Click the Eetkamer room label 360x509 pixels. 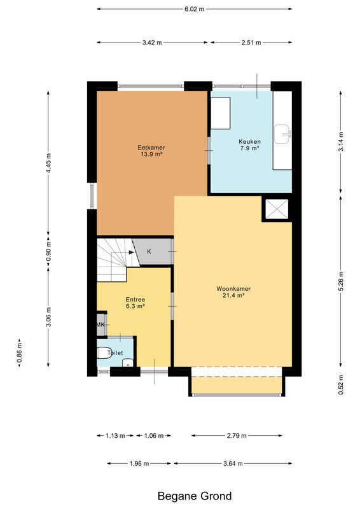(x=151, y=151)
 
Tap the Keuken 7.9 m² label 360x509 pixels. (x=249, y=145)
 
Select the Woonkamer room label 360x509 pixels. (x=233, y=292)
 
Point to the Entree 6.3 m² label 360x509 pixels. (x=135, y=303)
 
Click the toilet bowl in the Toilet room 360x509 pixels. (x=104, y=353)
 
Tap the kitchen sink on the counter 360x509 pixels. (x=282, y=134)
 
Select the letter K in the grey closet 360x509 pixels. (x=149, y=251)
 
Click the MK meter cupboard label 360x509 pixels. (x=100, y=324)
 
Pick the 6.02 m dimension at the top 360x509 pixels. (x=195, y=9)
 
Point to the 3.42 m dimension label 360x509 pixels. (x=152, y=43)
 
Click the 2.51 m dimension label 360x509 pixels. (x=251, y=43)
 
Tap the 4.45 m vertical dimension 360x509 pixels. (x=48, y=162)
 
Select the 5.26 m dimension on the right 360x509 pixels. (x=340, y=281)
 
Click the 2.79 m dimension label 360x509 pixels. (x=237, y=436)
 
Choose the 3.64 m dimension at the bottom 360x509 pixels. (x=233, y=464)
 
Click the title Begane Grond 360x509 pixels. (x=195, y=496)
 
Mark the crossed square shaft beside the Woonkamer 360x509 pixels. (x=277, y=209)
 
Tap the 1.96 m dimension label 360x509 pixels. (x=139, y=464)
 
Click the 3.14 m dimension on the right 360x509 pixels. (x=340, y=142)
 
